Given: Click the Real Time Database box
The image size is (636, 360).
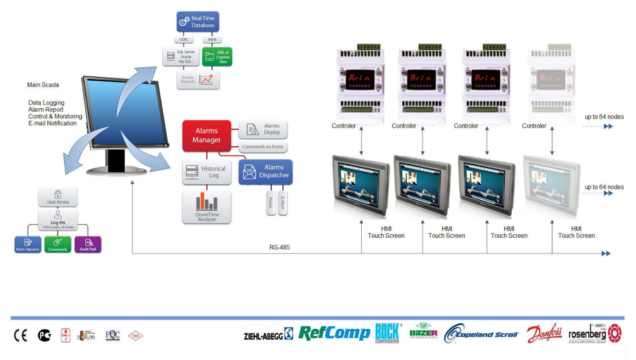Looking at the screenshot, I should click(x=198, y=22).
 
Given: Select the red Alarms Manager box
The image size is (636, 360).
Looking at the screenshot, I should click(x=206, y=135).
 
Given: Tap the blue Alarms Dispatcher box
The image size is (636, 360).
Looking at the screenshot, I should click(x=265, y=172).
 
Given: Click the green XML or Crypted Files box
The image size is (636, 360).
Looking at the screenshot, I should click(x=217, y=56).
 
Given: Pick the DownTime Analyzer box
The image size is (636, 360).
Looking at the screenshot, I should click(x=206, y=207).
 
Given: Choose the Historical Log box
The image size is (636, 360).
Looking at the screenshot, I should click(x=206, y=172).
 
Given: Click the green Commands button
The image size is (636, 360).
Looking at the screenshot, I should click(x=57, y=244).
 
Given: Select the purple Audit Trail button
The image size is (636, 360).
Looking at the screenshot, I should click(x=88, y=244).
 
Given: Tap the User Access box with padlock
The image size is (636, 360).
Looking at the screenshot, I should click(x=58, y=197).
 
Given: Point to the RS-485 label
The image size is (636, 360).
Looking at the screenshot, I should click(x=279, y=247).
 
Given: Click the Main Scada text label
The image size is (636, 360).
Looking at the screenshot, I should click(x=43, y=85).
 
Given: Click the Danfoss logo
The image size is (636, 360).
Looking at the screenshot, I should click(x=544, y=333).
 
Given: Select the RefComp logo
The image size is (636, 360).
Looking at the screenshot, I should click(x=334, y=333).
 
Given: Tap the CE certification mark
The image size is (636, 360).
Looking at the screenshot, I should click(x=21, y=336).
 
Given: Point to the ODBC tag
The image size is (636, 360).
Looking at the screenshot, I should click(x=183, y=40).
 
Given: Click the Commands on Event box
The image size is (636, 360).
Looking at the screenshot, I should click(x=263, y=147).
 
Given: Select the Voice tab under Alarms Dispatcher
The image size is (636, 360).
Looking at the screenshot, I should click(x=271, y=202).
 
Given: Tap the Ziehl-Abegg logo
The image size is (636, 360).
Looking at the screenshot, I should click(x=268, y=335).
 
